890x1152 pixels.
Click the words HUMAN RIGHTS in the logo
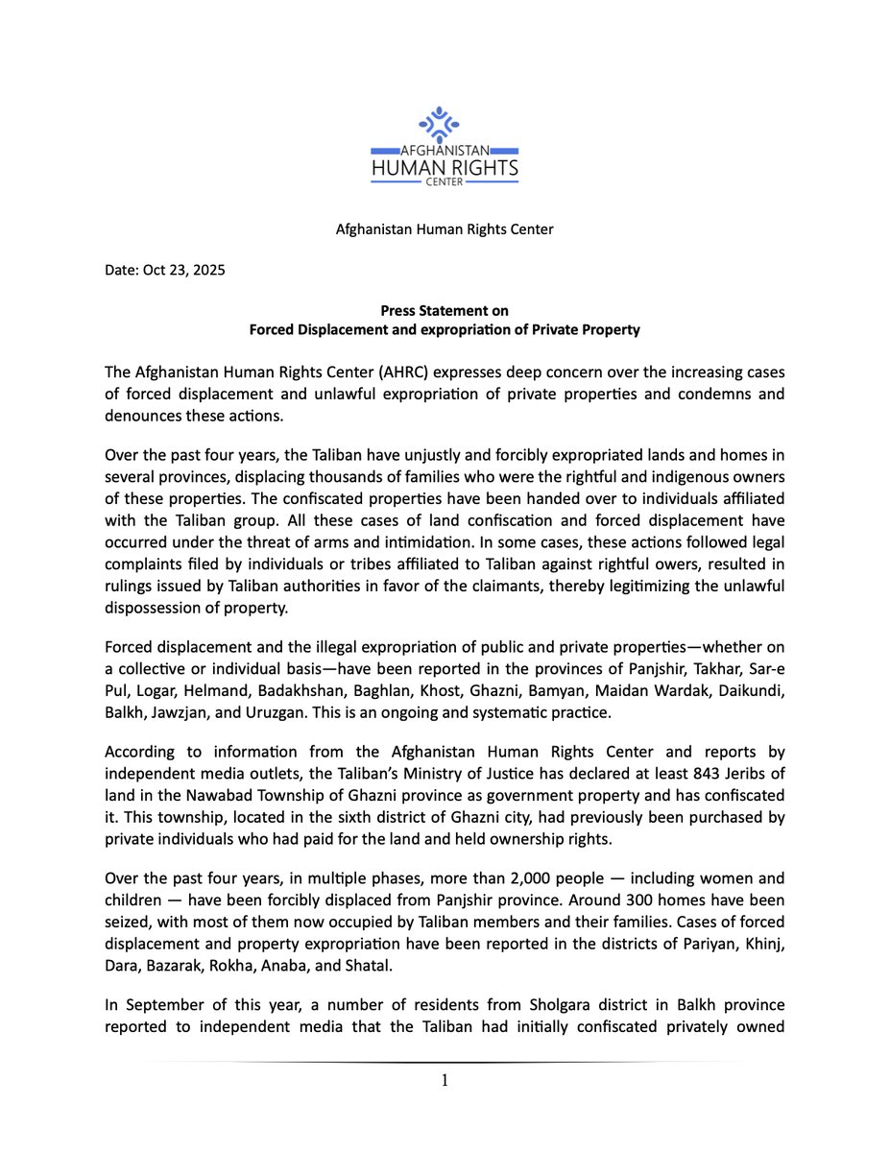445,170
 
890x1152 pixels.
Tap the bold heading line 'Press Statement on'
445,310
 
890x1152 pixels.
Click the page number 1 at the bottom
445,1081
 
